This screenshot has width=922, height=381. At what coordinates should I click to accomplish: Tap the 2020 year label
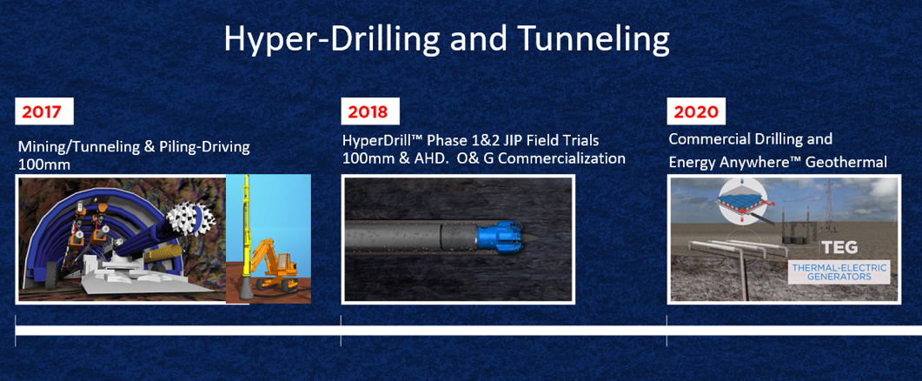tap(696, 111)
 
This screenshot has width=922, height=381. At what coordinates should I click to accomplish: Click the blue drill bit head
tap(499, 237)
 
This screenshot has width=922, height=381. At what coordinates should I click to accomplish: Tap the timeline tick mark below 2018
tap(341, 331)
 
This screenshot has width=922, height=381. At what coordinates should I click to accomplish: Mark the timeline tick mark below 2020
tap(667, 331)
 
